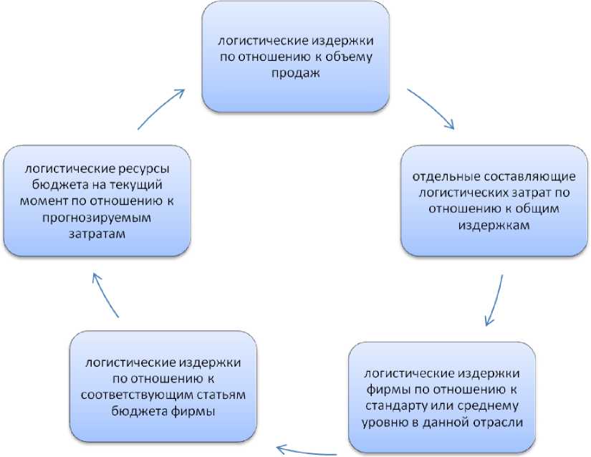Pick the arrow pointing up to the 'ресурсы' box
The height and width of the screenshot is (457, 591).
coord(106,293)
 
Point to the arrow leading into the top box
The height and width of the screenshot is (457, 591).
coord(162,108)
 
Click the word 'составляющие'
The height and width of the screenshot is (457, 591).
coord(517,177)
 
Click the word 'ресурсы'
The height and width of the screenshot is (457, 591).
coord(144,169)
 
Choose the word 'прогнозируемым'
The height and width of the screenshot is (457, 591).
coord(97,218)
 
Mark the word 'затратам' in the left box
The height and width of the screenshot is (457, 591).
coord(97,234)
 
